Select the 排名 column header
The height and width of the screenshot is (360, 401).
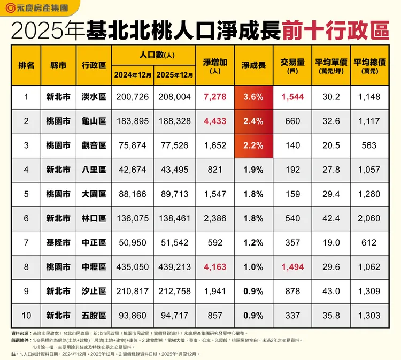tap(26, 65)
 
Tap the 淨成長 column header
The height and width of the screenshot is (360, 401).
tap(253, 65)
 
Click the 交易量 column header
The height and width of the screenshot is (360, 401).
tap(292, 65)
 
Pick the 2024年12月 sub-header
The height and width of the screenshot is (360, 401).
tap(133, 74)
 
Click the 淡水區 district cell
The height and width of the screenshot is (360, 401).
tap(94, 97)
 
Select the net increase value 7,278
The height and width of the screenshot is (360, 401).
tap(215, 97)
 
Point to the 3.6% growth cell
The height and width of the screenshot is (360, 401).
tap(253, 97)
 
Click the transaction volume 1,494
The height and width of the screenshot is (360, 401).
tap(292, 267)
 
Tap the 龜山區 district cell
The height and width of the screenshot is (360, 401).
tap(94, 121)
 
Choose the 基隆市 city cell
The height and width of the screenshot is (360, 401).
tap(58, 243)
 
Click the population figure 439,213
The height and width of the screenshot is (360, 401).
tap(174, 267)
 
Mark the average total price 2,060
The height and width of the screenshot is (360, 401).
tap(369, 218)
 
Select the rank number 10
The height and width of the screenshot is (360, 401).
tap(26, 316)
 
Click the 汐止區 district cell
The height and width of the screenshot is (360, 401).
tap(94, 292)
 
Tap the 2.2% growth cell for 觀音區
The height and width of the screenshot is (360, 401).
tap(253, 145)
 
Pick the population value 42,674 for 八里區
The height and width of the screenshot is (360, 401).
tap(133, 170)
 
